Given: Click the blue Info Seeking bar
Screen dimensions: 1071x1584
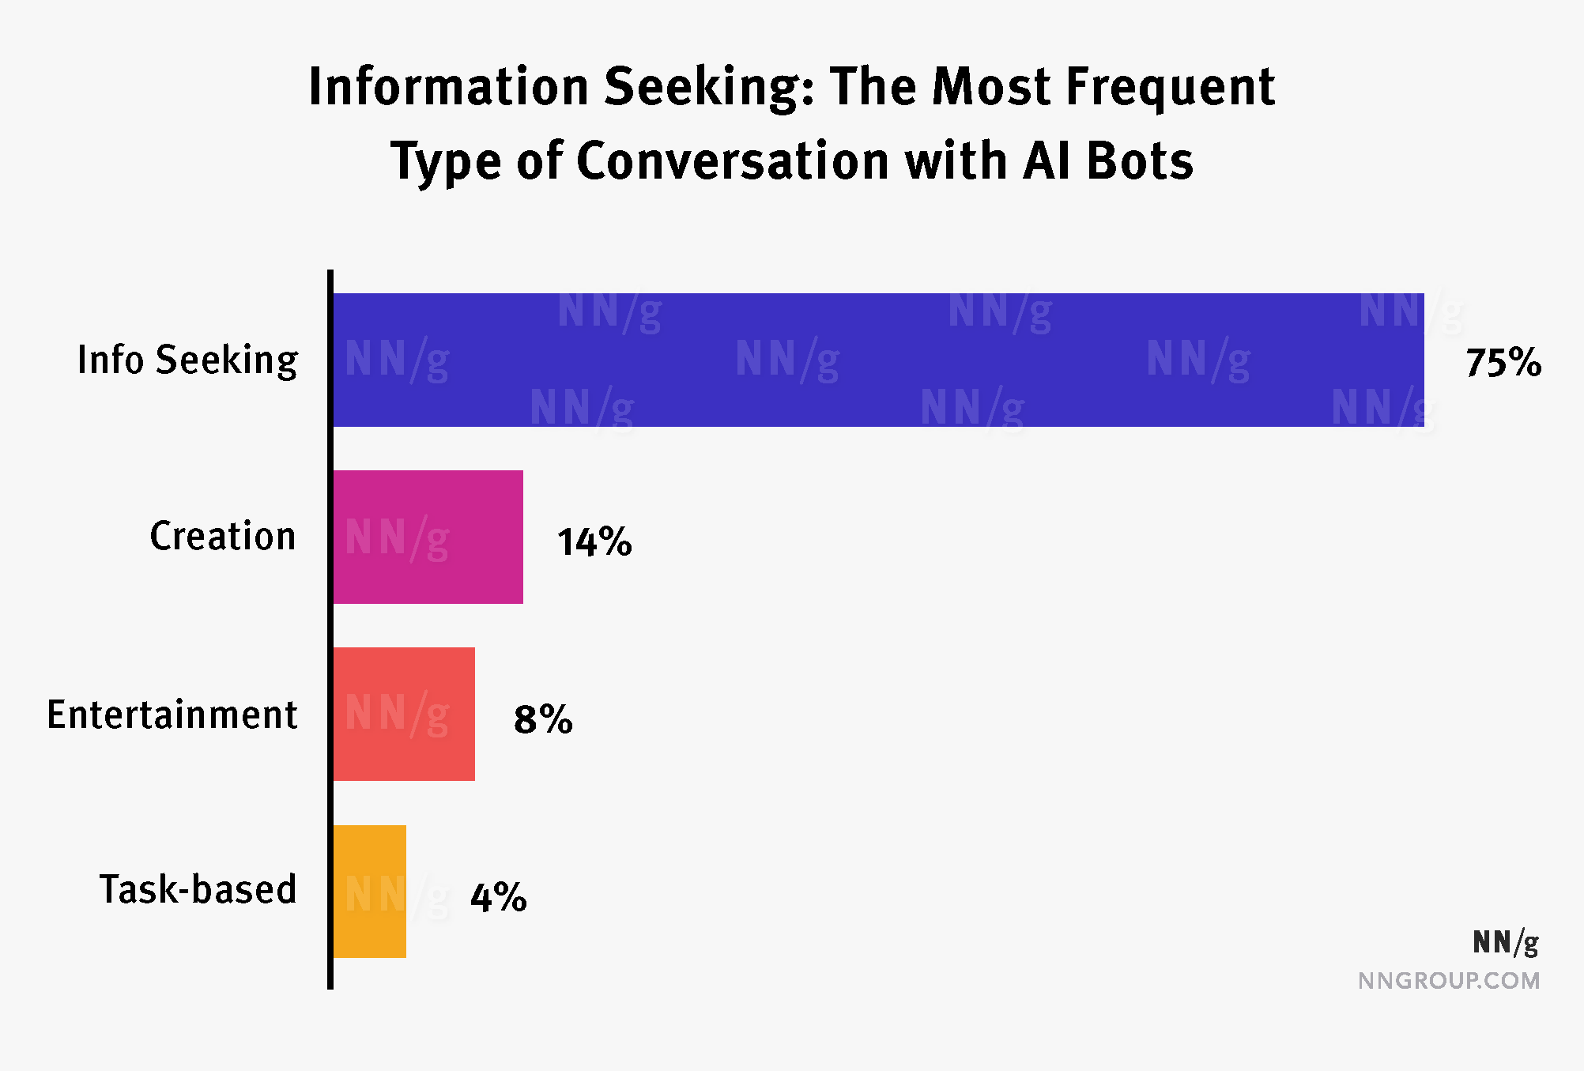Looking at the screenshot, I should (x=877, y=360).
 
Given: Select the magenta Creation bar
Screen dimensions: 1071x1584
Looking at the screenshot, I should (x=428, y=537).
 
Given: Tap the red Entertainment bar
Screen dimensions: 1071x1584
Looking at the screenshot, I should (x=404, y=714).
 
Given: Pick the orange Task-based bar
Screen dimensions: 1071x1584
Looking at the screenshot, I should (x=369, y=892).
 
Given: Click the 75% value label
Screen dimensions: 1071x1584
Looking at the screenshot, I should (x=1503, y=363).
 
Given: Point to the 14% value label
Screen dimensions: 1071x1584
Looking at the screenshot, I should (x=594, y=542).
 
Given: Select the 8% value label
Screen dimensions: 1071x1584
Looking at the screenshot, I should (x=543, y=719).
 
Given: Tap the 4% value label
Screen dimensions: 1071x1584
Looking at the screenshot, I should (x=498, y=897).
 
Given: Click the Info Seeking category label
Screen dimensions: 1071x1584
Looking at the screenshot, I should (x=187, y=360).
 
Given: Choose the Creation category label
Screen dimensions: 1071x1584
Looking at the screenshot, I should (x=223, y=537).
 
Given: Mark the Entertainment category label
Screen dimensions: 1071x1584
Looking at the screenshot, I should (x=172, y=715).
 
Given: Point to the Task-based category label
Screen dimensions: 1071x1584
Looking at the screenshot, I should (x=198, y=889).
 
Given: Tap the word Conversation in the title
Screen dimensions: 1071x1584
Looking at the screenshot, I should (x=733, y=161).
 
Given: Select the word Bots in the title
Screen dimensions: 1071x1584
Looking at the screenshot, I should (x=1140, y=161).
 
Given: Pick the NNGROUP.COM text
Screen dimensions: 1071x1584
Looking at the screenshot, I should (x=1449, y=981).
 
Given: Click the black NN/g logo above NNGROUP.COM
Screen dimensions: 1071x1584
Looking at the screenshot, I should (x=1505, y=942).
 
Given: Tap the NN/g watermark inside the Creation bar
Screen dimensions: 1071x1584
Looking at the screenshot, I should (x=397, y=538).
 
